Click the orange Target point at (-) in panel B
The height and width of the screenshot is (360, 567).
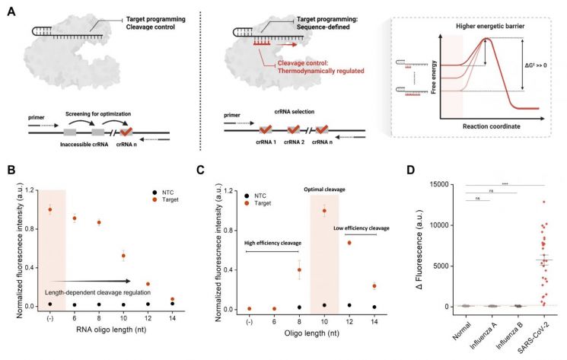pos(51,209)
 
